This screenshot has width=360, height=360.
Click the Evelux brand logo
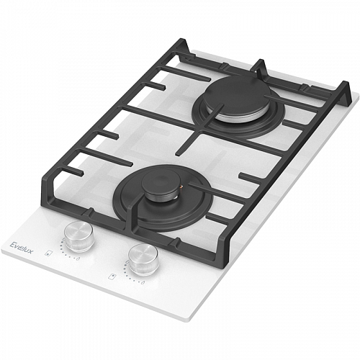(x=22, y=247)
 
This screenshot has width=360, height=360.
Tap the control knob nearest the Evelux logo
(x=79, y=236)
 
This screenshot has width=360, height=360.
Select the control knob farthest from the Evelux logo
(x=143, y=259)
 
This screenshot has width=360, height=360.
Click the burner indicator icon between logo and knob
(x=48, y=253)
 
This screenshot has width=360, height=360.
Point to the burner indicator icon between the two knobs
(x=112, y=276)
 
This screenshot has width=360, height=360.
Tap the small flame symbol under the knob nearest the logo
(x=78, y=258)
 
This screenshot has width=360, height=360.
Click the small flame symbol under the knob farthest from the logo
(x=143, y=282)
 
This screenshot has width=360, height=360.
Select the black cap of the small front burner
(x=161, y=185)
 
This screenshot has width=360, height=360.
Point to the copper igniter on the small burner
(x=181, y=186)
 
